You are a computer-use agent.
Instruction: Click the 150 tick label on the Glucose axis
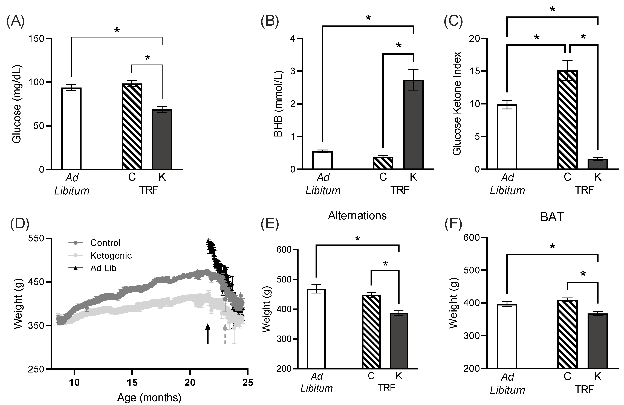point(36,39)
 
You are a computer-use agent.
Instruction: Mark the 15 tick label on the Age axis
point(132,383)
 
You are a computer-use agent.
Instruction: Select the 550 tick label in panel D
point(36,238)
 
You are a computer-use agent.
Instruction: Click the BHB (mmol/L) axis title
point(278,104)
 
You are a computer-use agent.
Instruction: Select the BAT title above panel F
point(552,217)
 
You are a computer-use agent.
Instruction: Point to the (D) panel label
point(20,224)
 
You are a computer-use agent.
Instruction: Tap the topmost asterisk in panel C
point(552,9)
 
